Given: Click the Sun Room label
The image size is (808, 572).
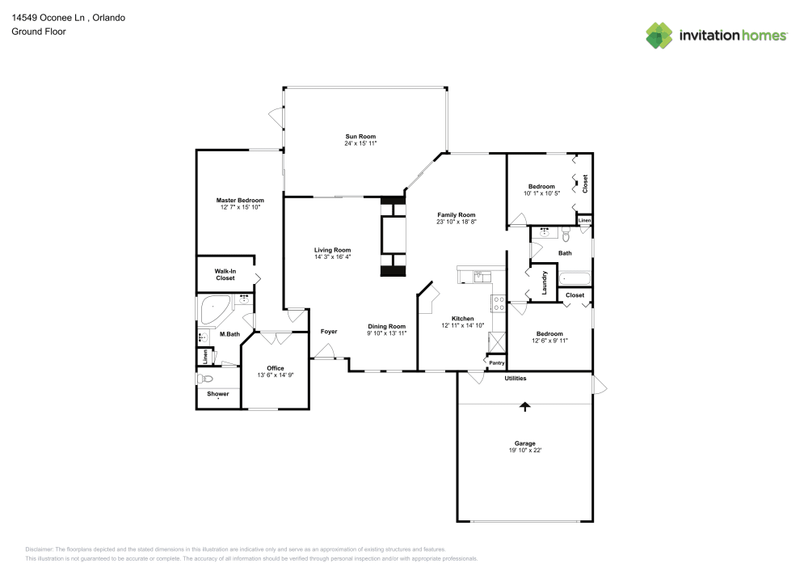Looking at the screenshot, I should pyautogui.click(x=360, y=136).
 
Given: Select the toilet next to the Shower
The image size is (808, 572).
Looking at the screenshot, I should pyautogui.click(x=205, y=379).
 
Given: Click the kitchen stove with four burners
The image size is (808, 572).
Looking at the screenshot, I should pyautogui.click(x=499, y=305).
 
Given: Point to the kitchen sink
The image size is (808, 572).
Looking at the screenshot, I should pyautogui.click(x=477, y=276).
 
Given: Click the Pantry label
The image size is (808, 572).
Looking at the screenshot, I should pyautogui.click(x=496, y=363).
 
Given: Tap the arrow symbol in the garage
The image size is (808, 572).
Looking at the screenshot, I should pyautogui.click(x=525, y=407).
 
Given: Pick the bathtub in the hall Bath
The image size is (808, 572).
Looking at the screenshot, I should pyautogui.click(x=576, y=279).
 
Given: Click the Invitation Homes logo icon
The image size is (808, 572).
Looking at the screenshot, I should pyautogui.click(x=659, y=35).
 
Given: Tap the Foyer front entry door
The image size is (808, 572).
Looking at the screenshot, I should pyautogui.click(x=326, y=352).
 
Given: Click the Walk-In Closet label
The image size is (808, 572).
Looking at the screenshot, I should pyautogui.click(x=225, y=274).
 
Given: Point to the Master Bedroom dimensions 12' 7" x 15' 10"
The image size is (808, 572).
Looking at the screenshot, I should pyautogui.click(x=240, y=207).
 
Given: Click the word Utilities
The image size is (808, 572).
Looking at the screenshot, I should pyautogui.click(x=516, y=378).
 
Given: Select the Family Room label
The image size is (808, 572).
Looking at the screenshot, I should pyautogui.click(x=457, y=214).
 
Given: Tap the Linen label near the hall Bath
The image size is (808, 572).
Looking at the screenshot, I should pyautogui.click(x=584, y=220).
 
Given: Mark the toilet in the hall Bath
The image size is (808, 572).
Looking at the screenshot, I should pyautogui.click(x=566, y=236).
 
